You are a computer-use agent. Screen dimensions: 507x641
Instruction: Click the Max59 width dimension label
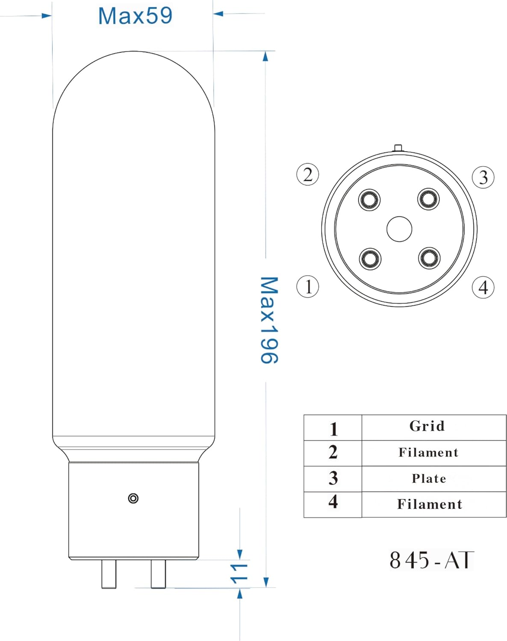pyautogui.click(x=135, y=16)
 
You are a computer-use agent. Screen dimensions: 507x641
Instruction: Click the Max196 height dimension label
pyautogui.click(x=269, y=320)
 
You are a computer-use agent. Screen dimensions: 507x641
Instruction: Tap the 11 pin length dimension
pyautogui.click(x=239, y=573)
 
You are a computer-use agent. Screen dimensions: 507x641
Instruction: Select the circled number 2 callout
pyautogui.click(x=308, y=174)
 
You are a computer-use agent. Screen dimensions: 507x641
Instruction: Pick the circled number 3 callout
pyautogui.click(x=483, y=177)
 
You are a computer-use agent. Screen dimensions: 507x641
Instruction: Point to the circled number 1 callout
pyautogui.click(x=308, y=287)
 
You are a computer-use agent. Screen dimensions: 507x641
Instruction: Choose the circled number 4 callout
pyautogui.click(x=483, y=288)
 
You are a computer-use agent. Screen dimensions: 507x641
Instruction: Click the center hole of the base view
pyautogui.click(x=399, y=229)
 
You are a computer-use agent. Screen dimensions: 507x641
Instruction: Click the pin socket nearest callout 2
pyautogui.click(x=369, y=200)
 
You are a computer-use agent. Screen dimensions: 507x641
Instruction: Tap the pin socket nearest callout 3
pyautogui.click(x=429, y=199)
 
